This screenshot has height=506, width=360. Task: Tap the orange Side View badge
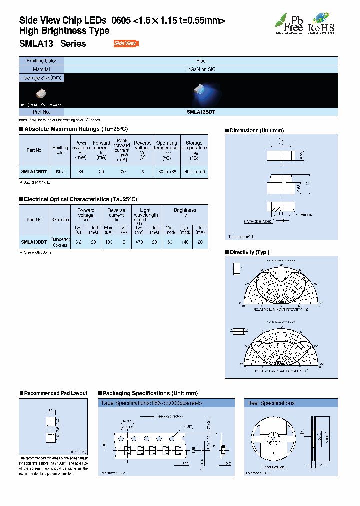point(125,44)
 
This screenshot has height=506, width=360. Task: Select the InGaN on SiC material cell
point(201,69)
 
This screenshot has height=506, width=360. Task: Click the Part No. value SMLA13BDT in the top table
point(201,113)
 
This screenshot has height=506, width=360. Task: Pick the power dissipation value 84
point(80,171)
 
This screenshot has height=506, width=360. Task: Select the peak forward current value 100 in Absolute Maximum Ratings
point(122,171)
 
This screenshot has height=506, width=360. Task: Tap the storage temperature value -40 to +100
point(194,171)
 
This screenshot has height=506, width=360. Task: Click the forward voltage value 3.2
point(78,241)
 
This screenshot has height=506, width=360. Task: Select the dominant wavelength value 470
point(139,241)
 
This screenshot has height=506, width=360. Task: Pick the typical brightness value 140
point(185,241)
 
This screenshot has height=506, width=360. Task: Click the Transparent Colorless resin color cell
point(60,242)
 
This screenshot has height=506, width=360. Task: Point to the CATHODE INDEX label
point(258,221)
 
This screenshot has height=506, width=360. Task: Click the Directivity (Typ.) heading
point(249,253)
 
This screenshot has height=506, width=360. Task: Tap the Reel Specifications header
point(271,403)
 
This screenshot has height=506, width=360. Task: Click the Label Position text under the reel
point(273,466)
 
